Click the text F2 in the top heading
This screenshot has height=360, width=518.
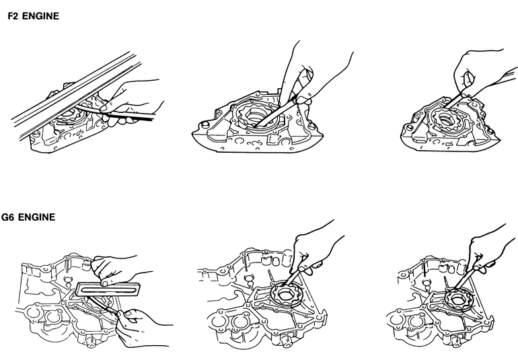tap(13, 16)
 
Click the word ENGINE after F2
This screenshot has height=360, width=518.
tap(40, 16)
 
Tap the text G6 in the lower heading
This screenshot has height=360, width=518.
tap(8, 217)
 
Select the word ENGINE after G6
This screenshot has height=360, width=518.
tap(37, 217)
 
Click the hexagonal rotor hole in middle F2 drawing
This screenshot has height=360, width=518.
tap(257, 116)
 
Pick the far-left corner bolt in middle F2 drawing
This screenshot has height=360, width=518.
tap(204, 124)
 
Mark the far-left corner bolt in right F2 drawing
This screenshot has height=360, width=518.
tap(410, 127)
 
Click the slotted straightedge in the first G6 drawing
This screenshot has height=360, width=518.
tap(108, 289)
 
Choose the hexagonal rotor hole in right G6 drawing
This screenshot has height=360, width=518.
tap(457, 300)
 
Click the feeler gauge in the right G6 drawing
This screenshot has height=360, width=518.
tap(466, 280)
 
